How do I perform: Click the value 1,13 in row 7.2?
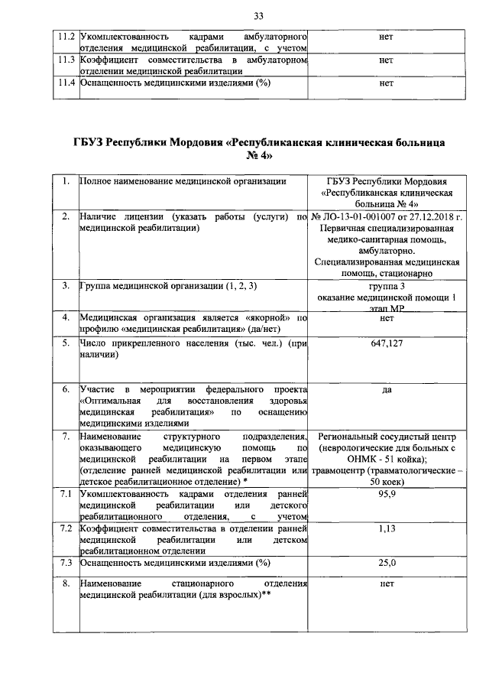[x=386, y=528]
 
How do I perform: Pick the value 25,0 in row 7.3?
[x=387, y=563]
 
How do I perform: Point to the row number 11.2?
[x=66, y=37]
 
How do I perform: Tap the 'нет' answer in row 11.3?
[x=386, y=60]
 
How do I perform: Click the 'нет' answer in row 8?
[x=386, y=583]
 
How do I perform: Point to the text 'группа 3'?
[x=386, y=286]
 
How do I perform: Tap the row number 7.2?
[x=66, y=528]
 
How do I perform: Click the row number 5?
[x=66, y=345]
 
